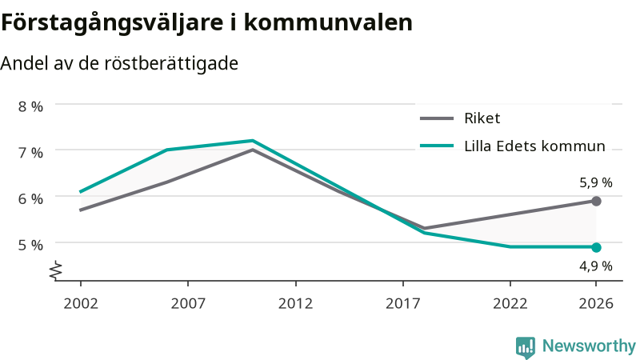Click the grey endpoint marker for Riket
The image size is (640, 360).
pyautogui.click(x=596, y=201)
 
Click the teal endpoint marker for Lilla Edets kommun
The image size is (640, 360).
pyautogui.click(x=596, y=247)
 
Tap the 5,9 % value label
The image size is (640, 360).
pyautogui.click(x=596, y=182)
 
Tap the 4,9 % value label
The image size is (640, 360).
pyautogui.click(x=596, y=266)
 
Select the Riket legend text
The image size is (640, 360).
pyautogui.click(x=482, y=118)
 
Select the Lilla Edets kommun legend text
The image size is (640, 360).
pyautogui.click(x=534, y=146)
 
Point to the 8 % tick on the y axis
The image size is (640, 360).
pyautogui.click(x=30, y=106)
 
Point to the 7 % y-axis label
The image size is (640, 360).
pyautogui.click(x=30, y=153)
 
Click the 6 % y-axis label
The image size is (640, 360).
pyautogui.click(x=30, y=198)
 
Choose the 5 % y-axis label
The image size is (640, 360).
pyautogui.click(x=30, y=245)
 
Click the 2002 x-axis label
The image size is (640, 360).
pyautogui.click(x=81, y=303)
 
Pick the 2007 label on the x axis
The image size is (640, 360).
pyautogui.click(x=188, y=303)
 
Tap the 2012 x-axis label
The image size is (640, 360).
pyautogui.click(x=295, y=303)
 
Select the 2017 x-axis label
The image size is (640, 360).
pyautogui.click(x=403, y=303)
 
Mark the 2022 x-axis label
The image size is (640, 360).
pyautogui.click(x=510, y=303)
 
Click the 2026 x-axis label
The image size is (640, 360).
pyautogui.click(x=596, y=303)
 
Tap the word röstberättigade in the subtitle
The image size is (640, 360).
pyautogui.click(x=171, y=64)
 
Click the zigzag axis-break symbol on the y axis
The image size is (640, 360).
pyautogui.click(x=56, y=270)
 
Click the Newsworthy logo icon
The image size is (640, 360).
pyautogui.click(x=526, y=347)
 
